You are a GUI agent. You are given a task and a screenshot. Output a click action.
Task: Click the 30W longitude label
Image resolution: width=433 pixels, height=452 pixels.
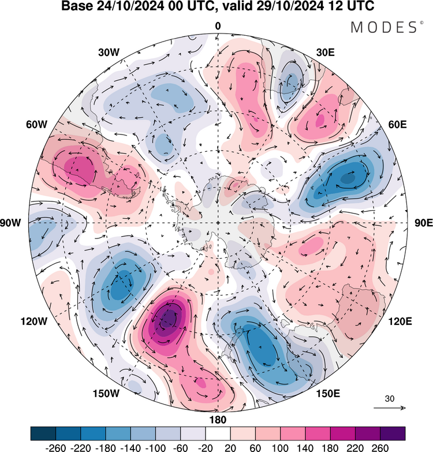pos(109,53)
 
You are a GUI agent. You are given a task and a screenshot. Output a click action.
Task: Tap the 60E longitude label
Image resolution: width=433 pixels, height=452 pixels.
pos(397,125)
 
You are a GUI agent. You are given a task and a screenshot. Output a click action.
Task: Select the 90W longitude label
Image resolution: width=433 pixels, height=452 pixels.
pos(10,223)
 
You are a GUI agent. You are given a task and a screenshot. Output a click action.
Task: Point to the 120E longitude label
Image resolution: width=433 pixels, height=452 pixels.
pos(400,321)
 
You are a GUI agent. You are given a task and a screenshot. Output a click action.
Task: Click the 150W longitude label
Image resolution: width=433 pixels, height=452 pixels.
pos(106,394)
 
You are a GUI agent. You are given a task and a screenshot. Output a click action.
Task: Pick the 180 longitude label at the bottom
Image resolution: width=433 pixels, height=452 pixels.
pos(218,420)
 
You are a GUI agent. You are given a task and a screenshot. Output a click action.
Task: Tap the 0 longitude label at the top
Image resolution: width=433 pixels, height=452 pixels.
pos(218,26)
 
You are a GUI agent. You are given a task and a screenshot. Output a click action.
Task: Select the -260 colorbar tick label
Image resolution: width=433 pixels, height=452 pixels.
pos(55,447)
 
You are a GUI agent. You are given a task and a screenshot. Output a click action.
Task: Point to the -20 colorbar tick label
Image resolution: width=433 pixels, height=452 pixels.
pos(206,447)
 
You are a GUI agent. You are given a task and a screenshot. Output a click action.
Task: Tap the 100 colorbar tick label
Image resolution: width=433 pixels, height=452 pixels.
pos(280,447)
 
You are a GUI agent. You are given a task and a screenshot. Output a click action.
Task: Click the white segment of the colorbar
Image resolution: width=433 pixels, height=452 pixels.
pos(218,434)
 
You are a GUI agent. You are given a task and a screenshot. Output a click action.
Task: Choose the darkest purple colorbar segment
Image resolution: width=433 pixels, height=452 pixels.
pos(393,434)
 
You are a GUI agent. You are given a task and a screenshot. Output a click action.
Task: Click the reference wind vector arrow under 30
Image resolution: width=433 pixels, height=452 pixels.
pos(390,408)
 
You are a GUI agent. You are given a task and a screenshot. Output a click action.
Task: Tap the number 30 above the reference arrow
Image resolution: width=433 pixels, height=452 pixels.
pos(390,399)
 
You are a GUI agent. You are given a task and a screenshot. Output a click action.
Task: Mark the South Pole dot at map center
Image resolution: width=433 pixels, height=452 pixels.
pos(218,223)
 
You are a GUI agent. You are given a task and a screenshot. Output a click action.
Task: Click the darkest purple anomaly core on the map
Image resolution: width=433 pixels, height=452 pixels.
pos(168,319)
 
